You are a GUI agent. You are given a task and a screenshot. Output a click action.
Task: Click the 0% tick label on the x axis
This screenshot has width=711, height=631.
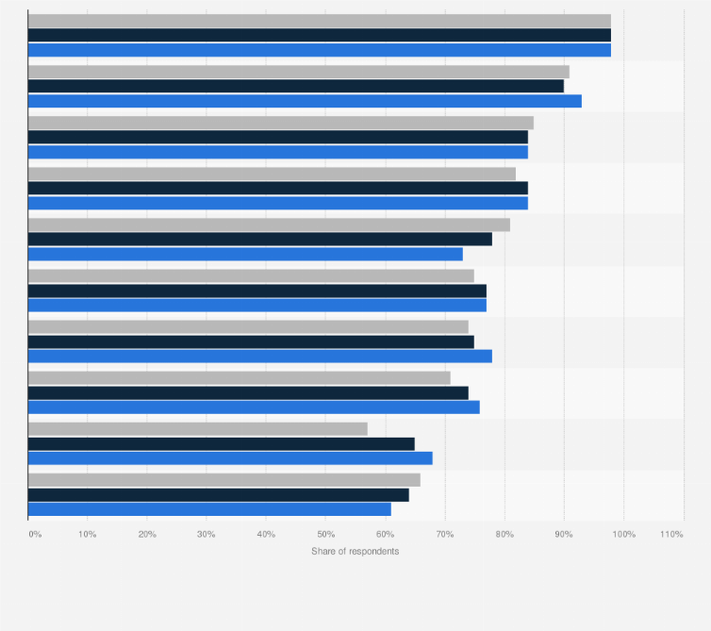click(x=35, y=535)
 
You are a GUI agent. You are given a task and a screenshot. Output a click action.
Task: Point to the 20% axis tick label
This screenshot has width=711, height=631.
click(x=147, y=535)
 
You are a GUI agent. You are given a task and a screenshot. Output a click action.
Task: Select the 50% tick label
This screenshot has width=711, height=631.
click(x=325, y=535)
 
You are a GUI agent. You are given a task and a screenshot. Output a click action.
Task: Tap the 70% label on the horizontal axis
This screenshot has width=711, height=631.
click(x=444, y=535)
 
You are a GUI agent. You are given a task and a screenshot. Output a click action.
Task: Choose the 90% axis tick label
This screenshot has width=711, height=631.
click(x=564, y=535)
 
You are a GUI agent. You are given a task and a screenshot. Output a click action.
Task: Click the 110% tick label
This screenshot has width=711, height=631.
click(x=671, y=535)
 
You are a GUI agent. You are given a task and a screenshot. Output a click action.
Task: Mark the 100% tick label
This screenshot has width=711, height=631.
click(x=623, y=535)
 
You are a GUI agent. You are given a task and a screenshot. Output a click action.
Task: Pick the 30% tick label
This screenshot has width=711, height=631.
click(x=207, y=535)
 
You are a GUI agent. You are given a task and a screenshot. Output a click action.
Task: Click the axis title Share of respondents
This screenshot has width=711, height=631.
click(x=355, y=551)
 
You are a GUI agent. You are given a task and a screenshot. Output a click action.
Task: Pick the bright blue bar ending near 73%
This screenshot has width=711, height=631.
click(x=245, y=254)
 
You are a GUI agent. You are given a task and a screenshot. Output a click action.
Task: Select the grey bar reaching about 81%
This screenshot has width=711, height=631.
click(x=269, y=224)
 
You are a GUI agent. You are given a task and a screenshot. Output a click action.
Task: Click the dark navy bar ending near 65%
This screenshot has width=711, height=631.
click(x=222, y=443)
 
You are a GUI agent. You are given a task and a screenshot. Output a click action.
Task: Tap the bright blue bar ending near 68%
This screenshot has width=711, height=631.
click(x=230, y=458)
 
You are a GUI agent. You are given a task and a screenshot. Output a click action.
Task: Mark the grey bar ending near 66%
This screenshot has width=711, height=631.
click(x=224, y=480)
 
